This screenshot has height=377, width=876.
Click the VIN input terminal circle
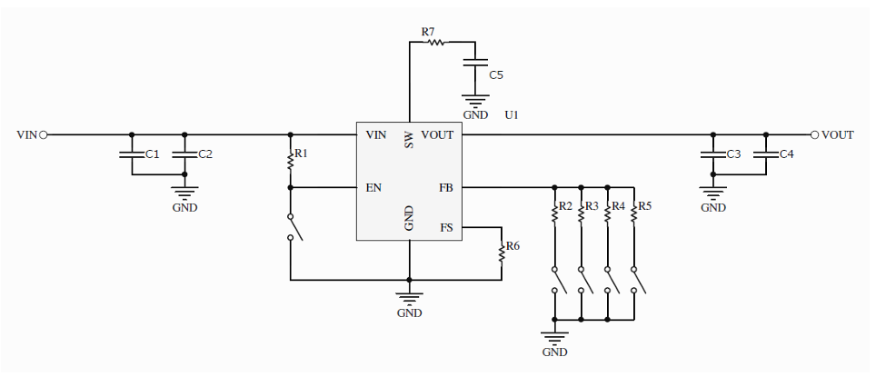tap(43, 134)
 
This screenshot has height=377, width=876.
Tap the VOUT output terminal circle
tap(814, 134)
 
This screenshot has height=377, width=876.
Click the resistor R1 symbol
tap(290, 161)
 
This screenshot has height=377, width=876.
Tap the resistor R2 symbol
tap(552, 213)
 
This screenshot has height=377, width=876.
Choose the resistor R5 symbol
tap(633, 213)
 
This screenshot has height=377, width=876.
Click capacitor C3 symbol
tap(713, 155)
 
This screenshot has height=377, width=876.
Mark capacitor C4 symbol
tap(766, 155)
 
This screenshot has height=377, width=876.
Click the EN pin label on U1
tap(373, 188)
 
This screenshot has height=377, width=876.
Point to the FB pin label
tap(445, 188)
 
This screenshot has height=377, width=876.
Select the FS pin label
tap(445, 227)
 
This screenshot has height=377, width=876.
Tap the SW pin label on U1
tap(409, 141)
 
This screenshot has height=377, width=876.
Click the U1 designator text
tap(512, 115)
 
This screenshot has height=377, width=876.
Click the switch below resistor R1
tap(293, 227)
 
